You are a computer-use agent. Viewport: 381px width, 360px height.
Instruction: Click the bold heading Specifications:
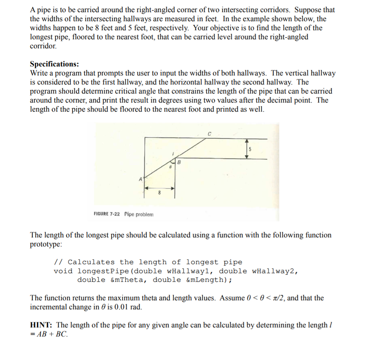(x=54, y=64)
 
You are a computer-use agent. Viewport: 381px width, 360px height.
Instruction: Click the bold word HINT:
(x=42, y=325)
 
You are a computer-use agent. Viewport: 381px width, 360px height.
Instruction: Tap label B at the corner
(x=179, y=162)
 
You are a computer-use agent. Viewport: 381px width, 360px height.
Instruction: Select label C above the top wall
(x=209, y=134)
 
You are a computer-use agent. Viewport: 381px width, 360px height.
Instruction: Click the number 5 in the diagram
(x=250, y=149)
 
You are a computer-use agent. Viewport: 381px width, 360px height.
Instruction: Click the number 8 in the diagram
(x=159, y=193)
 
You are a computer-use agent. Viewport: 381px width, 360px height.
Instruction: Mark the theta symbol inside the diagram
(x=170, y=167)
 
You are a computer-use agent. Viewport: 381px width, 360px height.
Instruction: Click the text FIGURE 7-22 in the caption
(x=107, y=214)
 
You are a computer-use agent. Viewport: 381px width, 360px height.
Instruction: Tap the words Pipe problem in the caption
(x=139, y=214)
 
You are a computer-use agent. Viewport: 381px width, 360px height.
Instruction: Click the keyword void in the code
(x=63, y=271)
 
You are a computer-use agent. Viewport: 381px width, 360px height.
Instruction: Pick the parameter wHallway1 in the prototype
(x=188, y=271)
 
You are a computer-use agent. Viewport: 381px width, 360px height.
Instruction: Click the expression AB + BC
(x=52, y=334)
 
